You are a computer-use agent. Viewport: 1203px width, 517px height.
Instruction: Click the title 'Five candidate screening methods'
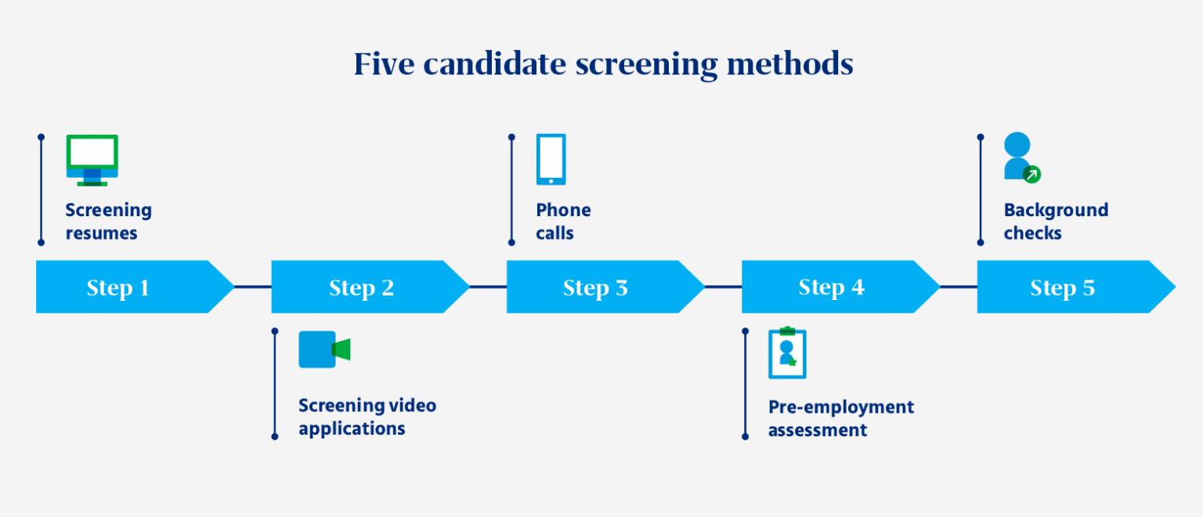[x=603, y=64]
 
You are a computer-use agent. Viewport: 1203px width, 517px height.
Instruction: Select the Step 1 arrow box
[x=125, y=287]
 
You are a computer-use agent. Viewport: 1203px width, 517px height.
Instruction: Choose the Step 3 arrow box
[x=596, y=287]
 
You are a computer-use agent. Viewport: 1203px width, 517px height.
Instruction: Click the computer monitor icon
[x=92, y=160]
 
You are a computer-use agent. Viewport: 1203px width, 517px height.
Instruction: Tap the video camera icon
[x=323, y=349]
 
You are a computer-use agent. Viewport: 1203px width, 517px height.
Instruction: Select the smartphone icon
[x=551, y=159]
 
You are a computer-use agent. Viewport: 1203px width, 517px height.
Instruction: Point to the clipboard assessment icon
[x=787, y=353]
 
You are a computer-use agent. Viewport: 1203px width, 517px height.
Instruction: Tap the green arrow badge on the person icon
[x=1032, y=175]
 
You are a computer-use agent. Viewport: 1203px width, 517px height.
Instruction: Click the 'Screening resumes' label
[x=108, y=222]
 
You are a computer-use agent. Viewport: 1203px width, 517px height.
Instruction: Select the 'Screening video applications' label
[x=367, y=417]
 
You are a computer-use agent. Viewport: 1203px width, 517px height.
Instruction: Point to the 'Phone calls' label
[x=563, y=222]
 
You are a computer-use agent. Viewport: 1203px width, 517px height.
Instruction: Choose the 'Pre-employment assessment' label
[x=840, y=418]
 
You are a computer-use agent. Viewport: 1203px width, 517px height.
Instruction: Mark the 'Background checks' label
[x=1056, y=222]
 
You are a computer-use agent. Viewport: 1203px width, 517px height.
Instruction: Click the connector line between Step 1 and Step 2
[x=253, y=287]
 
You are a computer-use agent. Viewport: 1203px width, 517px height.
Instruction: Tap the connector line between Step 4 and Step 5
[x=959, y=287]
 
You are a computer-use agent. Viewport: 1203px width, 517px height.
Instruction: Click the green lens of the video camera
[x=341, y=349]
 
